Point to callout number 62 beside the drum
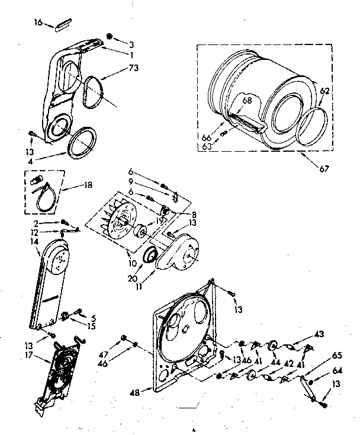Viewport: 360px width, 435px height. click(x=325, y=90)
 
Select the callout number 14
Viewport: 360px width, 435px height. click(x=34, y=242)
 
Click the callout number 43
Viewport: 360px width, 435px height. click(x=319, y=335)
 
